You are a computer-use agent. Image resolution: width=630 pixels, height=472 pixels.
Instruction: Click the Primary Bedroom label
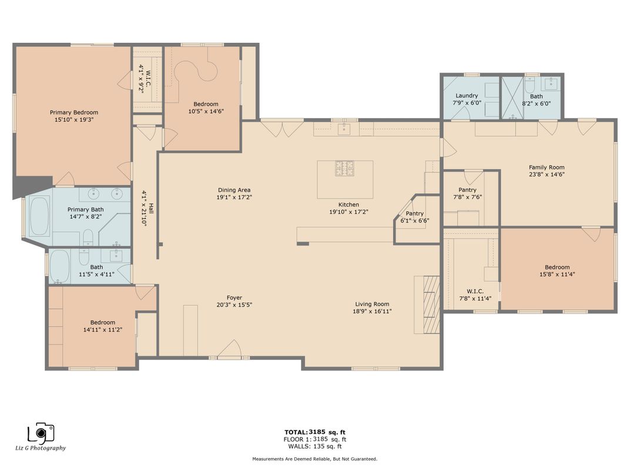pyautogui.click(x=74, y=112)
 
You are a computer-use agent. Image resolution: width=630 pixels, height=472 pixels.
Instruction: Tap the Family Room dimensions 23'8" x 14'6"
pyautogui.click(x=547, y=174)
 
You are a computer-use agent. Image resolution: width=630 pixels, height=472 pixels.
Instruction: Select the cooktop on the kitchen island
pyautogui.click(x=345, y=168)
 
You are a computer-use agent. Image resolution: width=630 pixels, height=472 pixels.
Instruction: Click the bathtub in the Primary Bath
pyautogui.click(x=39, y=217)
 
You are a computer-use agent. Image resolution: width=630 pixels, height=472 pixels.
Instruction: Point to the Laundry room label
pyautogui.click(x=467, y=96)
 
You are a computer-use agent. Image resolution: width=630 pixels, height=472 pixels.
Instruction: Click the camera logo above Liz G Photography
pyautogui.click(x=41, y=433)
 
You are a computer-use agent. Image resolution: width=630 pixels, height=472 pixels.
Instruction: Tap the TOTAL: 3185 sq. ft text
pyautogui.click(x=315, y=432)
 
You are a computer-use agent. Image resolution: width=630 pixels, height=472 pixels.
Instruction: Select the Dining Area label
pyautogui.click(x=234, y=190)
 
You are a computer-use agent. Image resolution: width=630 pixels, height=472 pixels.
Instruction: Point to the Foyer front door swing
pyautogui.click(x=229, y=348)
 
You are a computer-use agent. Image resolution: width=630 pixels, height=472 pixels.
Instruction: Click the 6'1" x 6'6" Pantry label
pyautogui.click(x=415, y=214)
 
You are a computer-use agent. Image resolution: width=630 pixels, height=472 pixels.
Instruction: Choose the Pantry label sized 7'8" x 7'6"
pyautogui.click(x=467, y=190)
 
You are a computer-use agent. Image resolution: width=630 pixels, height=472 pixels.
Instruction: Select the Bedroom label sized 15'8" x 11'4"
pyautogui.click(x=557, y=267)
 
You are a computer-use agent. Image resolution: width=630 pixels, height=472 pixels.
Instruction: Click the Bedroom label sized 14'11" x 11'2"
pyautogui.click(x=103, y=322)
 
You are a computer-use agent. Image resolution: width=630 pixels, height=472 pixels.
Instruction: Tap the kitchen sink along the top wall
pyautogui.click(x=344, y=129)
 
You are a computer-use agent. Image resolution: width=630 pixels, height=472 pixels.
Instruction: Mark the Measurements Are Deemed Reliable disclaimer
pyautogui.click(x=314, y=458)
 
